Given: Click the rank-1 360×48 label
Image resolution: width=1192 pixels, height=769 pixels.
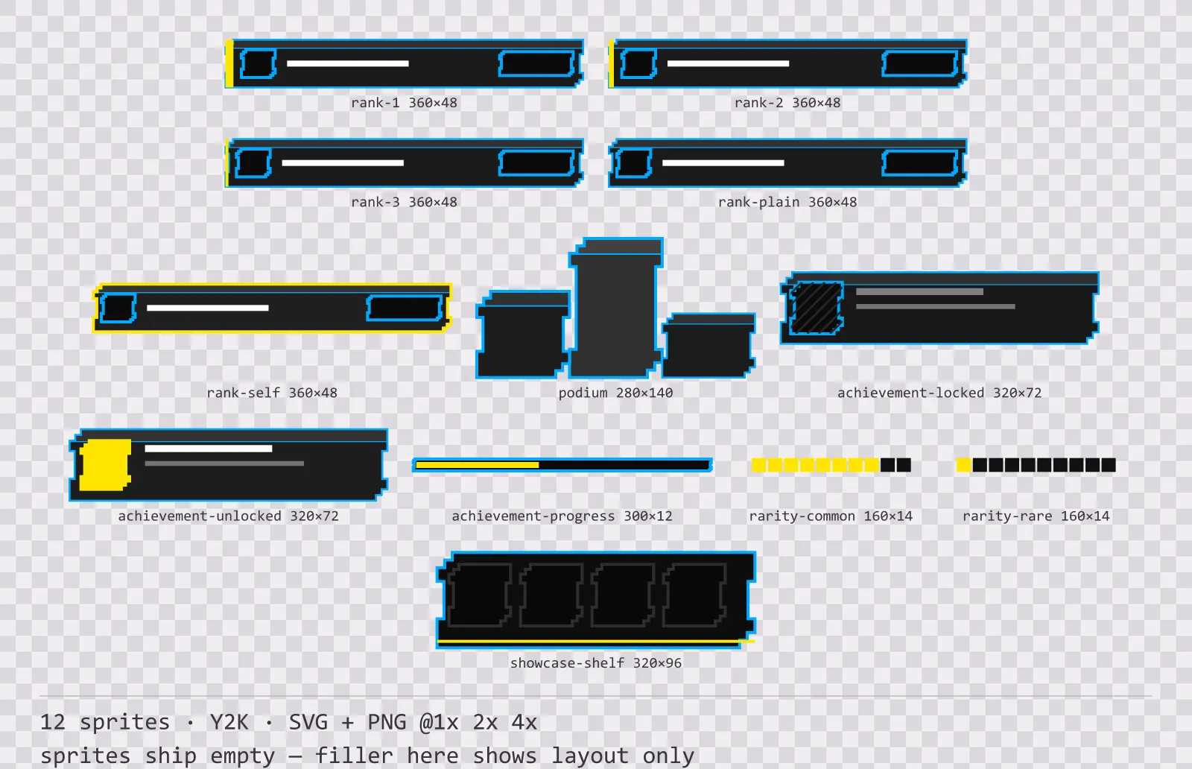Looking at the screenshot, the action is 404,103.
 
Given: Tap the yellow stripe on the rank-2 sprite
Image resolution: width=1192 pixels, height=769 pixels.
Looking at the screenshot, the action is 612,63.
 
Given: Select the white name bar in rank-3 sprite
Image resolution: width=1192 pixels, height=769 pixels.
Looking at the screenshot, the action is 343,163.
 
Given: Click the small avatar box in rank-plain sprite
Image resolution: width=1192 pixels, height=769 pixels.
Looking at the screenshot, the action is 633,163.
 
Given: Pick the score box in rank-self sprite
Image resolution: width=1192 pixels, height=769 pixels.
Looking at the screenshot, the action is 405,308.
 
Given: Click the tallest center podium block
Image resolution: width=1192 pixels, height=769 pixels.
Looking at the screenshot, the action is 615,308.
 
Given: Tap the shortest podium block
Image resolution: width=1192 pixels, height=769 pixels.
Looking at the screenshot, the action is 708,346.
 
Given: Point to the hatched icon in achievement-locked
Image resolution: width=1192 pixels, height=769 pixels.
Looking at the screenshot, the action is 817,308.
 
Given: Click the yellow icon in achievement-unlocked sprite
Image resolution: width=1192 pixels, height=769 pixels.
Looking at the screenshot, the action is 105,465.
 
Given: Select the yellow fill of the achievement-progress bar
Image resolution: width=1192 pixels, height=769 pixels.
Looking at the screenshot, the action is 478,465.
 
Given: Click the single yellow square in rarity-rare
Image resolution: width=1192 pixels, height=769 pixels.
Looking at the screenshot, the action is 963,465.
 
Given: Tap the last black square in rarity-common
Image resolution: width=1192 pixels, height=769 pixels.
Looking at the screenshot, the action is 904,465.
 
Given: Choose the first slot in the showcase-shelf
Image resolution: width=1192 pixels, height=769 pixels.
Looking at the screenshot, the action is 480,595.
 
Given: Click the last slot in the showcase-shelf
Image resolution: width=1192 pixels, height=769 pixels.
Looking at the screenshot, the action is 694,595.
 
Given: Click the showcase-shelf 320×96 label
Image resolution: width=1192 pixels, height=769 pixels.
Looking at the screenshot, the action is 596,663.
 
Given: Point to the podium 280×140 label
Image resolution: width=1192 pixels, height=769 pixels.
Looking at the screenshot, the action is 615,393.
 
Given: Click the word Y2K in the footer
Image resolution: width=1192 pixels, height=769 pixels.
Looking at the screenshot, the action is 229,722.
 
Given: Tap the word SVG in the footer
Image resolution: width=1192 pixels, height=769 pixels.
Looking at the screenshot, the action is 308,722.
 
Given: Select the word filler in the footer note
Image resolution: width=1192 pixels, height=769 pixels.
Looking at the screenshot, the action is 354,756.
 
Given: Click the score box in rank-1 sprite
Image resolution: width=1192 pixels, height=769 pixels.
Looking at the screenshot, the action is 537,64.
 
